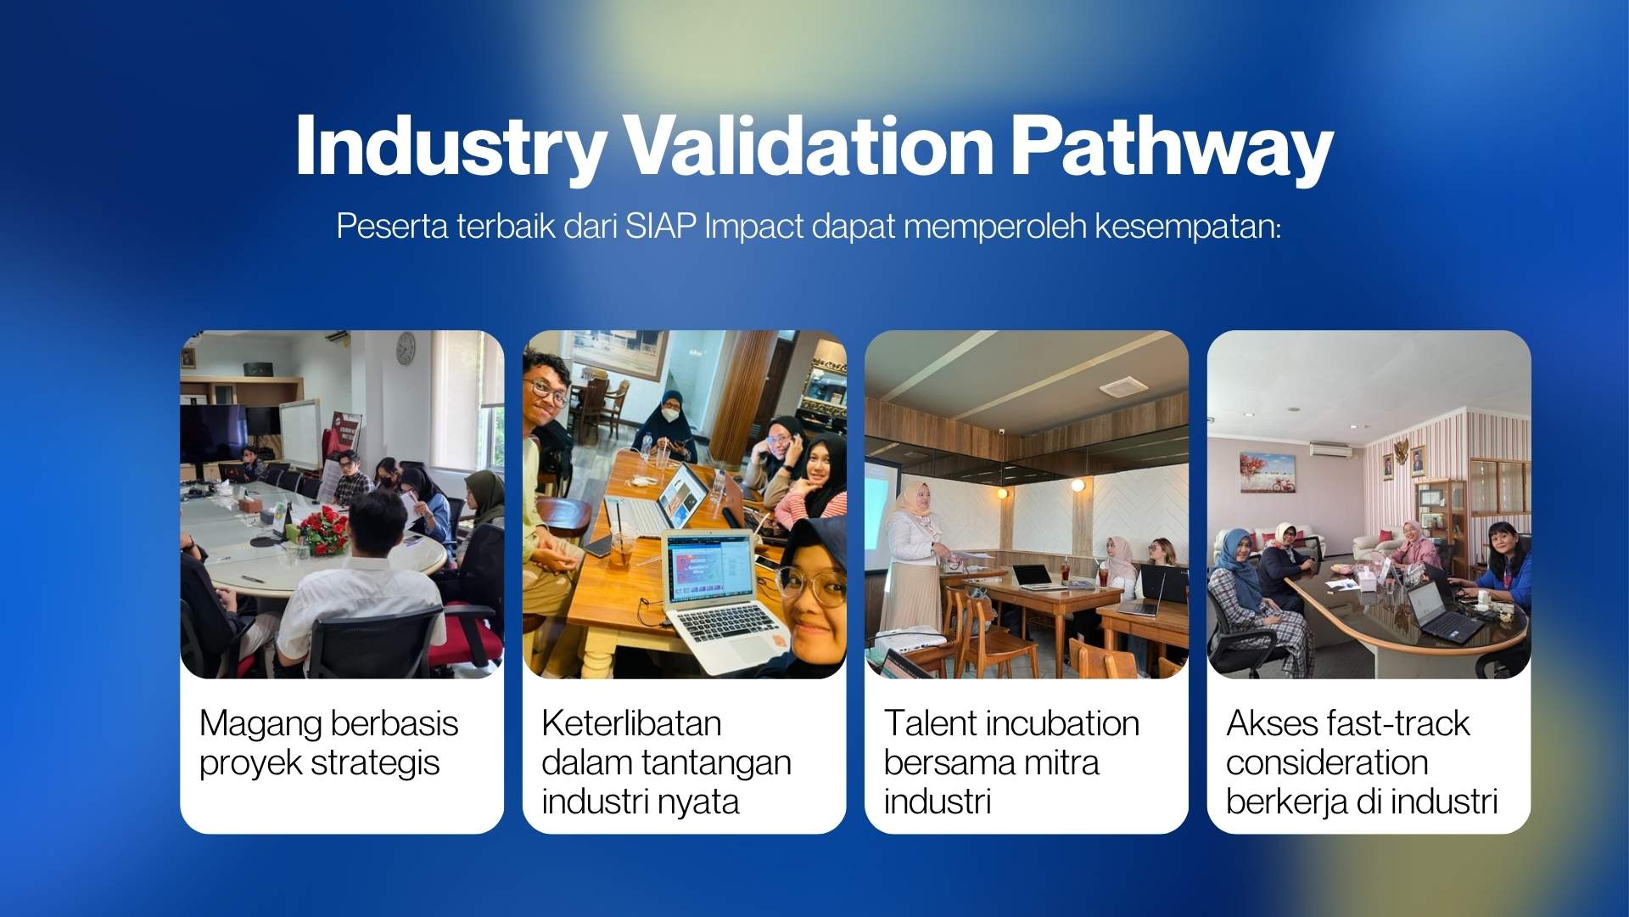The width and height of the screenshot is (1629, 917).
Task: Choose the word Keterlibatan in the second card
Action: click(x=631, y=723)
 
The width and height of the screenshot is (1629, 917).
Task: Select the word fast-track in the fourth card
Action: click(x=1397, y=723)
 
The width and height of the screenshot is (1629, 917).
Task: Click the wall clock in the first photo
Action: click(x=406, y=346)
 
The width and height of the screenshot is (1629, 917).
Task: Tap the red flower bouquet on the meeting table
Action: click(x=323, y=529)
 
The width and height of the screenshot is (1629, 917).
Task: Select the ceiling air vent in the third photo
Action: click(x=1123, y=389)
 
